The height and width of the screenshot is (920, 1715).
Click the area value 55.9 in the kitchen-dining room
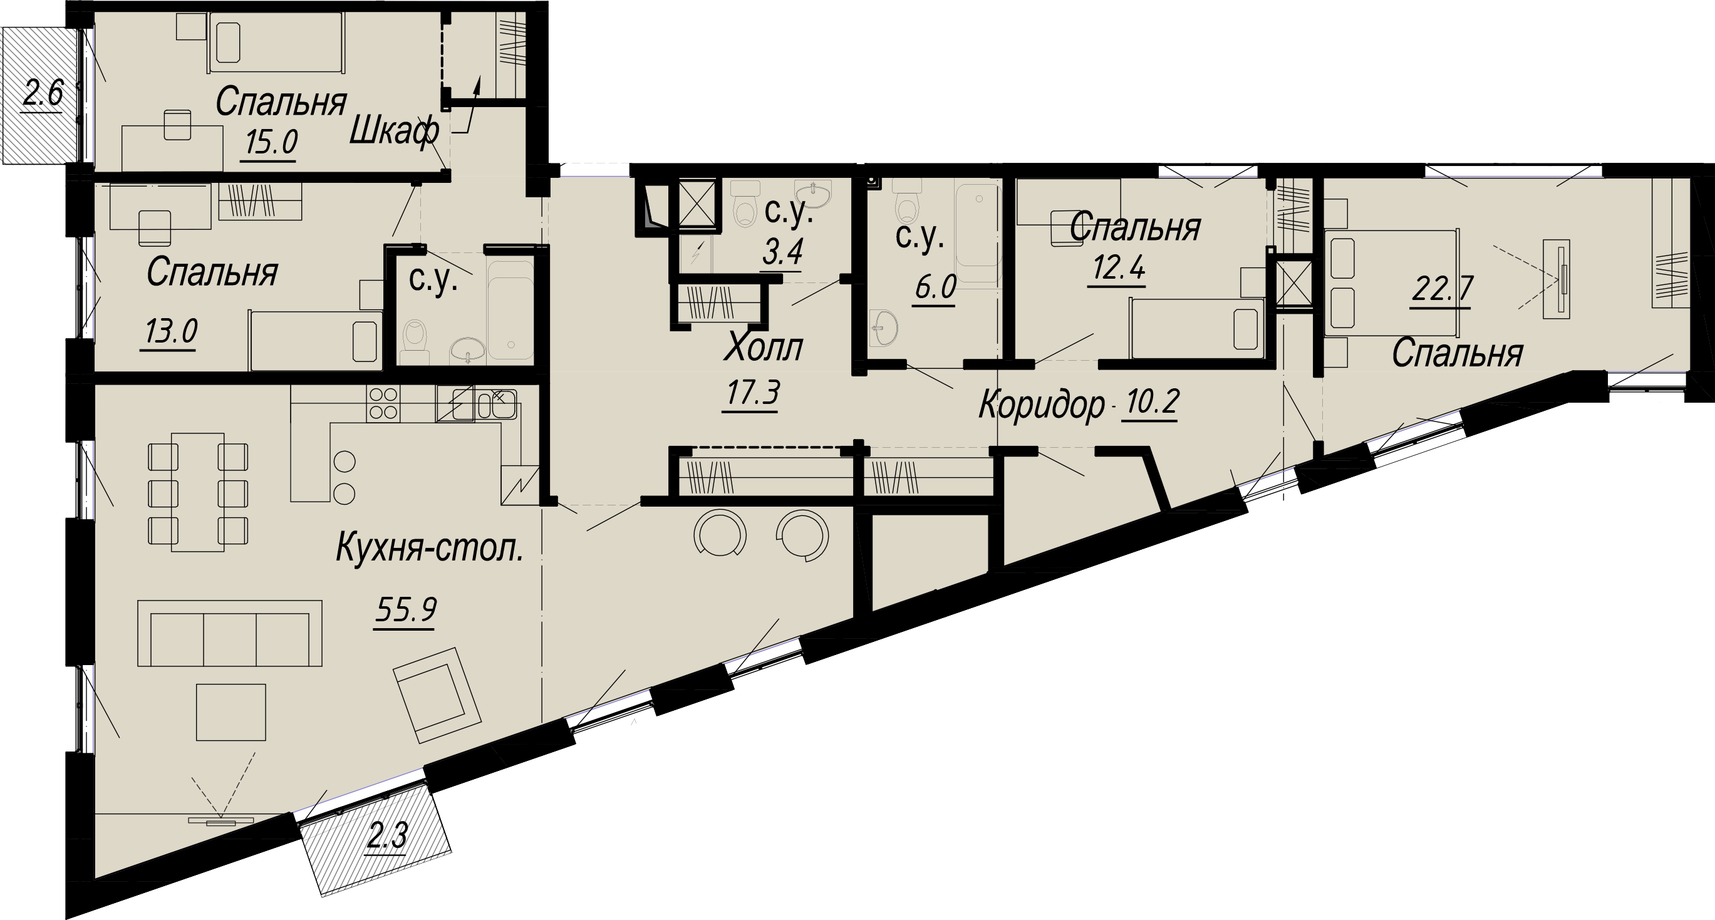coord(405,609)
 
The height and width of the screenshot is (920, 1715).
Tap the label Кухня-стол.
coord(430,549)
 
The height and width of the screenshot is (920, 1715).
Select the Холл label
coord(764,347)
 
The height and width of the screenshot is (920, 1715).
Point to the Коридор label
coord(1041,404)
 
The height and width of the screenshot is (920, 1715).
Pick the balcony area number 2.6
coord(43,93)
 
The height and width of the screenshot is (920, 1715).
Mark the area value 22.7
coord(1442,289)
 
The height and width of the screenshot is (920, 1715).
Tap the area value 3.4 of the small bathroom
coord(782,251)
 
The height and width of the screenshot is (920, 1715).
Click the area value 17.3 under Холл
coord(752,393)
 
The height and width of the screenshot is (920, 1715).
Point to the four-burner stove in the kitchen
coord(383,403)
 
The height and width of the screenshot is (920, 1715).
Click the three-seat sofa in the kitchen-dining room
coord(230,633)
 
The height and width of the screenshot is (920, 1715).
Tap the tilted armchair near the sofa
coord(437,695)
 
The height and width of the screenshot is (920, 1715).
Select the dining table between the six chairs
coord(198,492)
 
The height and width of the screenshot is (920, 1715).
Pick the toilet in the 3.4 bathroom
coord(744,204)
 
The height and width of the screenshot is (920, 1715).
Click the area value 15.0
coord(271,142)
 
